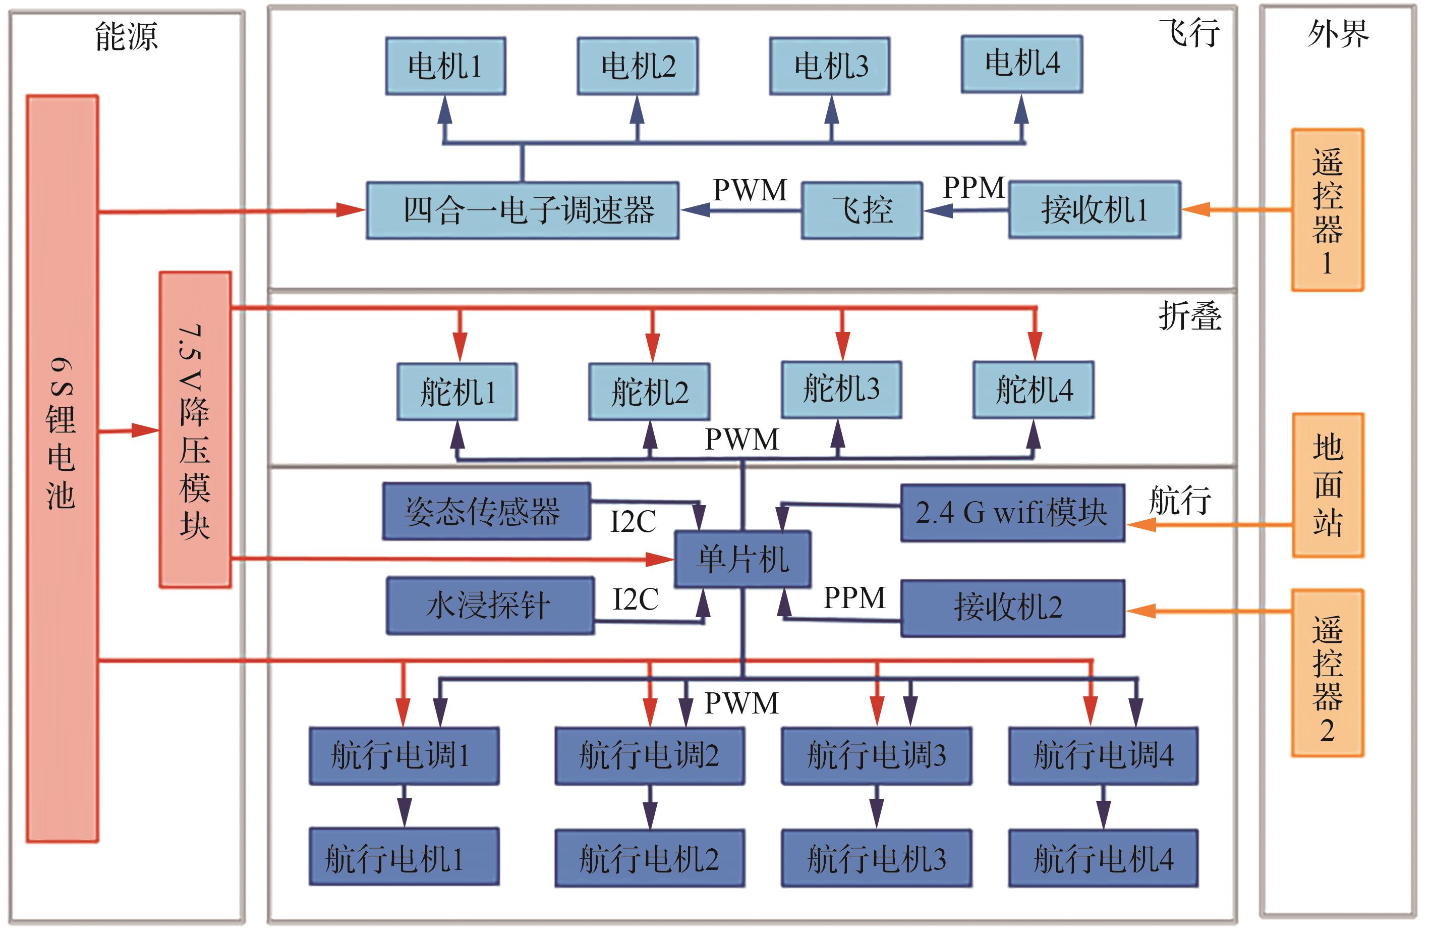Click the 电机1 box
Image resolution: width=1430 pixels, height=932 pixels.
pyautogui.click(x=445, y=66)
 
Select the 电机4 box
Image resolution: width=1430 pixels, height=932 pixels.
pyautogui.click(x=1022, y=64)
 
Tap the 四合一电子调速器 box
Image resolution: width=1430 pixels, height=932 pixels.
pyautogui.click(x=523, y=210)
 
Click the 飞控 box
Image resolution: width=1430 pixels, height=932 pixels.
pyautogui.click(x=862, y=210)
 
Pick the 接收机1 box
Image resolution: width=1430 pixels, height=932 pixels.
pyautogui.click(x=1095, y=210)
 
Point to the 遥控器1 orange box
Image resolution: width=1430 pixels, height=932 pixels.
pyautogui.click(x=1328, y=210)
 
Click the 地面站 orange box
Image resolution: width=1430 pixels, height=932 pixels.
pyautogui.click(x=1328, y=485)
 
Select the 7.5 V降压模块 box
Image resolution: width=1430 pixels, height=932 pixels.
pyautogui.click(x=195, y=429)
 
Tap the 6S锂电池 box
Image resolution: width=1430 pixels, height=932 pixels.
pyautogui.click(x=62, y=469)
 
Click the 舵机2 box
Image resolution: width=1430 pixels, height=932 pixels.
pyautogui.click(x=649, y=392)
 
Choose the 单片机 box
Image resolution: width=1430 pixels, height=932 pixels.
pyautogui.click(x=742, y=559)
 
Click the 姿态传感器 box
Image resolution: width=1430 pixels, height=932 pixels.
pyautogui.click(x=487, y=511)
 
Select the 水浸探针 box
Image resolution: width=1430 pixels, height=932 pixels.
pyautogui.click(x=490, y=606)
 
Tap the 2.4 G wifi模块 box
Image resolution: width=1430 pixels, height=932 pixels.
pyautogui.click(x=1012, y=513)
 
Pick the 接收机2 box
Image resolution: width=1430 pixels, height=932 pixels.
pyautogui.click(x=1012, y=608)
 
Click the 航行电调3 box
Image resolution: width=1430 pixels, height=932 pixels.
pyautogui.click(x=877, y=756)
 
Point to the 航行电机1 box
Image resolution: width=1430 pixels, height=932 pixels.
pyautogui.click(x=404, y=857)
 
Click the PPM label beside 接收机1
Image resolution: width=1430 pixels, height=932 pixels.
pyautogui.click(x=974, y=188)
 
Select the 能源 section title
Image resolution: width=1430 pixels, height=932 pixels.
pyautogui.click(x=126, y=36)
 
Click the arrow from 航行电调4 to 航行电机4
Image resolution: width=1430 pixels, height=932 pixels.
pyautogui.click(x=1103, y=807)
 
